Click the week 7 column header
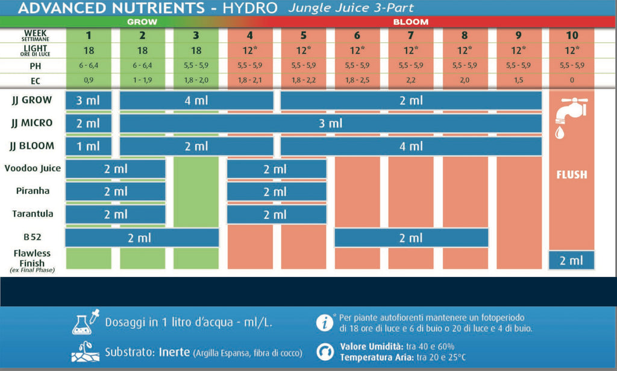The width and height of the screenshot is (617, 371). pos(411,34)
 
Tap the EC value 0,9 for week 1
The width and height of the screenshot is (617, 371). pos(89,80)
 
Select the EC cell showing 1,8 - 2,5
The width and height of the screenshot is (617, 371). pos(357,80)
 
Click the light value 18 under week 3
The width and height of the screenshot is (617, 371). pos(196,50)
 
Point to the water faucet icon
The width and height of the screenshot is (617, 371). pos(569,115)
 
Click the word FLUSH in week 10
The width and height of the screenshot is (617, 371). pos(572,175)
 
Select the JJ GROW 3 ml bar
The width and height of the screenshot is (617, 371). pos(89,100)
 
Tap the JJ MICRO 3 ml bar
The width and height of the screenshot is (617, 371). pos(330,123)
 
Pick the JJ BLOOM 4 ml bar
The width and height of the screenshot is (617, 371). pos(411,146)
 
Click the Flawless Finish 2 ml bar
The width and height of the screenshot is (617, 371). pos(572,261)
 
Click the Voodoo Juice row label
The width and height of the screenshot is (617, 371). pos(33,168)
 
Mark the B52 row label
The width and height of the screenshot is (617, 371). pos(33,237)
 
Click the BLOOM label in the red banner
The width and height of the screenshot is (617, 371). pos(411,22)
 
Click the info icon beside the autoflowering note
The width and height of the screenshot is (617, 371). pos(325,322)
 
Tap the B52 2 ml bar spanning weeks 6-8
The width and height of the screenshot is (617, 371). pos(411,238)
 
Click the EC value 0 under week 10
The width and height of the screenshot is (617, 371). pos(572,80)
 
